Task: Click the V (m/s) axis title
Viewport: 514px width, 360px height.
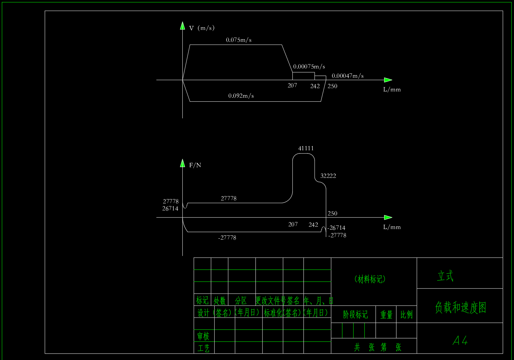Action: [202, 28]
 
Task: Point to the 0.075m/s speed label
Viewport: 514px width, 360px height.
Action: [239, 40]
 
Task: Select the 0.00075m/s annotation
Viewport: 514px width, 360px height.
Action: [309, 67]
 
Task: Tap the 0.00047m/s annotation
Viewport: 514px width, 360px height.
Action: [347, 76]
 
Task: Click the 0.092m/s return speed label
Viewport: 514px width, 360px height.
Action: [241, 96]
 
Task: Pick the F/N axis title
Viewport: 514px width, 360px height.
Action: [195, 165]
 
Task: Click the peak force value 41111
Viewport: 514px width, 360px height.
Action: [306, 149]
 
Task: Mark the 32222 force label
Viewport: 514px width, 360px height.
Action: [328, 176]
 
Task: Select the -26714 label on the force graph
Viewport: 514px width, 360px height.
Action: [336, 228]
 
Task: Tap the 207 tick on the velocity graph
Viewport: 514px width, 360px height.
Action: [292, 86]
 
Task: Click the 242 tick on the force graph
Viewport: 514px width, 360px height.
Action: [313, 225]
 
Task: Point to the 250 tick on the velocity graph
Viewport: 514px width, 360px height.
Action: [332, 86]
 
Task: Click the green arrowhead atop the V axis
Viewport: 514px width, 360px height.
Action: [182, 26]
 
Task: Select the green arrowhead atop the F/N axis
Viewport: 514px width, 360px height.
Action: [182, 163]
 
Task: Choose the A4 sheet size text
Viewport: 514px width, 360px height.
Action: [460, 341]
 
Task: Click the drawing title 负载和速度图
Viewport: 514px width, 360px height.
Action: [460, 307]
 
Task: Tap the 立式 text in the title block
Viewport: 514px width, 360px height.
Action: [445, 276]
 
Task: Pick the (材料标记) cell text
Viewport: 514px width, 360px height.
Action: [370, 279]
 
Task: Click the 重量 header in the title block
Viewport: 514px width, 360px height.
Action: [386, 315]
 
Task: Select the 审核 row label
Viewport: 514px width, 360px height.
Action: [203, 336]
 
